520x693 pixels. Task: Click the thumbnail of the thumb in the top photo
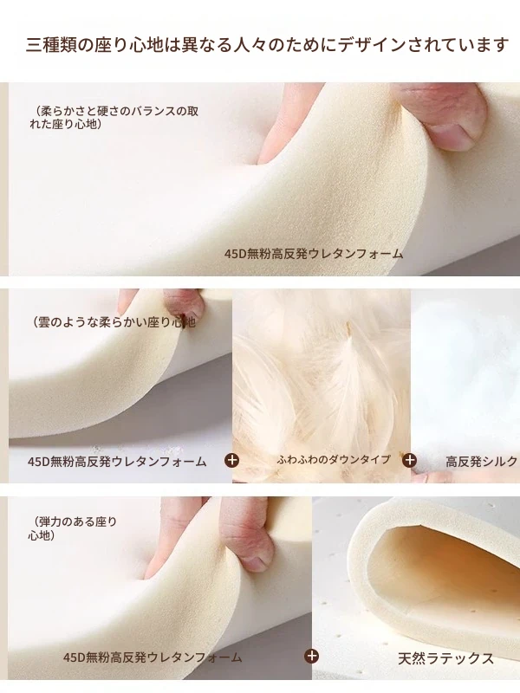coord(447,134)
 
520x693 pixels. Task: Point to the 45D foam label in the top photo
coord(314,254)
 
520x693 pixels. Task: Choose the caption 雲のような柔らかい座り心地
coord(114,321)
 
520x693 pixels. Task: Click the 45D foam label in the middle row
coord(117,462)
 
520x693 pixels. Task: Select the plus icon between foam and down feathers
coord(231,461)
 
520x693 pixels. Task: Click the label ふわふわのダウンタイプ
coord(334,460)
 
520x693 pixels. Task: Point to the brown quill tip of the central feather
coord(348,327)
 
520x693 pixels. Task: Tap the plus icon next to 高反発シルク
coord(410,461)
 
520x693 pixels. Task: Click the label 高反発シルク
coord(481,462)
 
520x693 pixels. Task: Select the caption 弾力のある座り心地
coord(72,528)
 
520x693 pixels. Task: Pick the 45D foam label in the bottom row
coord(153,657)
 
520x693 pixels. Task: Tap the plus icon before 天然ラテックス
coord(312,656)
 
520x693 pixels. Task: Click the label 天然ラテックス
coord(445,658)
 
